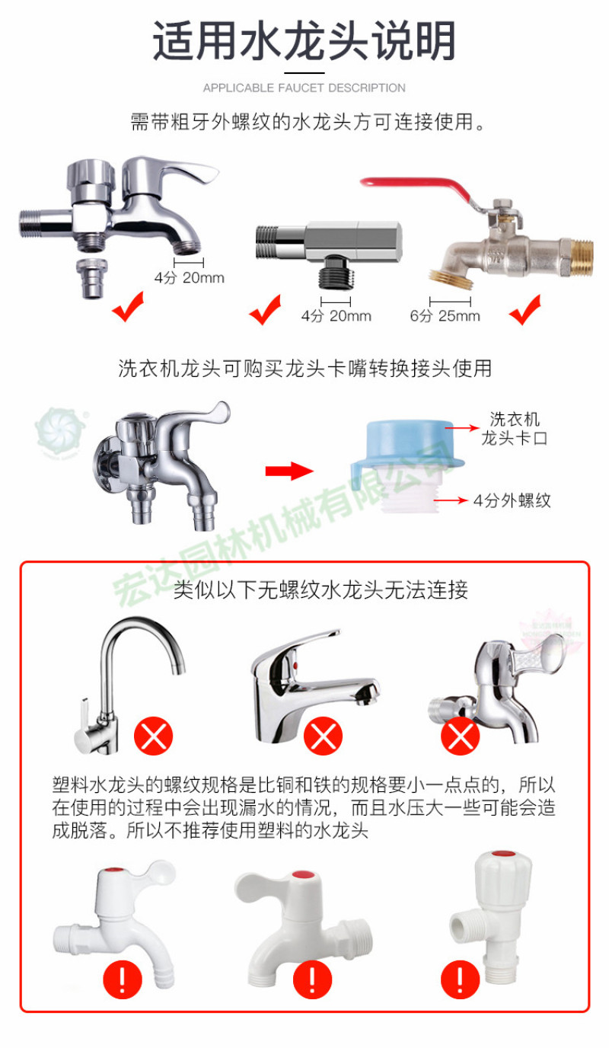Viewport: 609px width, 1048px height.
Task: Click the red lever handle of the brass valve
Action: pos(416,187)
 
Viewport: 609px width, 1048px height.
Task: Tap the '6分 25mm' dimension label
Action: pos(445,316)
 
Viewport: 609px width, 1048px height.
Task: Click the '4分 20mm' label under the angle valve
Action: pos(336,316)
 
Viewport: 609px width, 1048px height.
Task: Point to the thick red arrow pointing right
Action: pos(289,471)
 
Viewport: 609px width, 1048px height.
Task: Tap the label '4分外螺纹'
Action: pos(512,500)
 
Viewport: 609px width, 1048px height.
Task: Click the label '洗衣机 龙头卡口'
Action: pos(514,429)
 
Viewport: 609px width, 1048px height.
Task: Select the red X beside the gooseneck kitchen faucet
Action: pos(154,736)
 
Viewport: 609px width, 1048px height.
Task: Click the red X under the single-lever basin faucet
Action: pos(323,736)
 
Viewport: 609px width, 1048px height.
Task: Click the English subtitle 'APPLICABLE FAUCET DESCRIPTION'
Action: pos(304,88)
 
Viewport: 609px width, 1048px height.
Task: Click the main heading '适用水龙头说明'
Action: pos(304,40)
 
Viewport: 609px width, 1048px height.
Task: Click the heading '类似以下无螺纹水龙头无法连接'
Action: pos(321,589)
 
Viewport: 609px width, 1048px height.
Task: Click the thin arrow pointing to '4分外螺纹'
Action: pos(451,500)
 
